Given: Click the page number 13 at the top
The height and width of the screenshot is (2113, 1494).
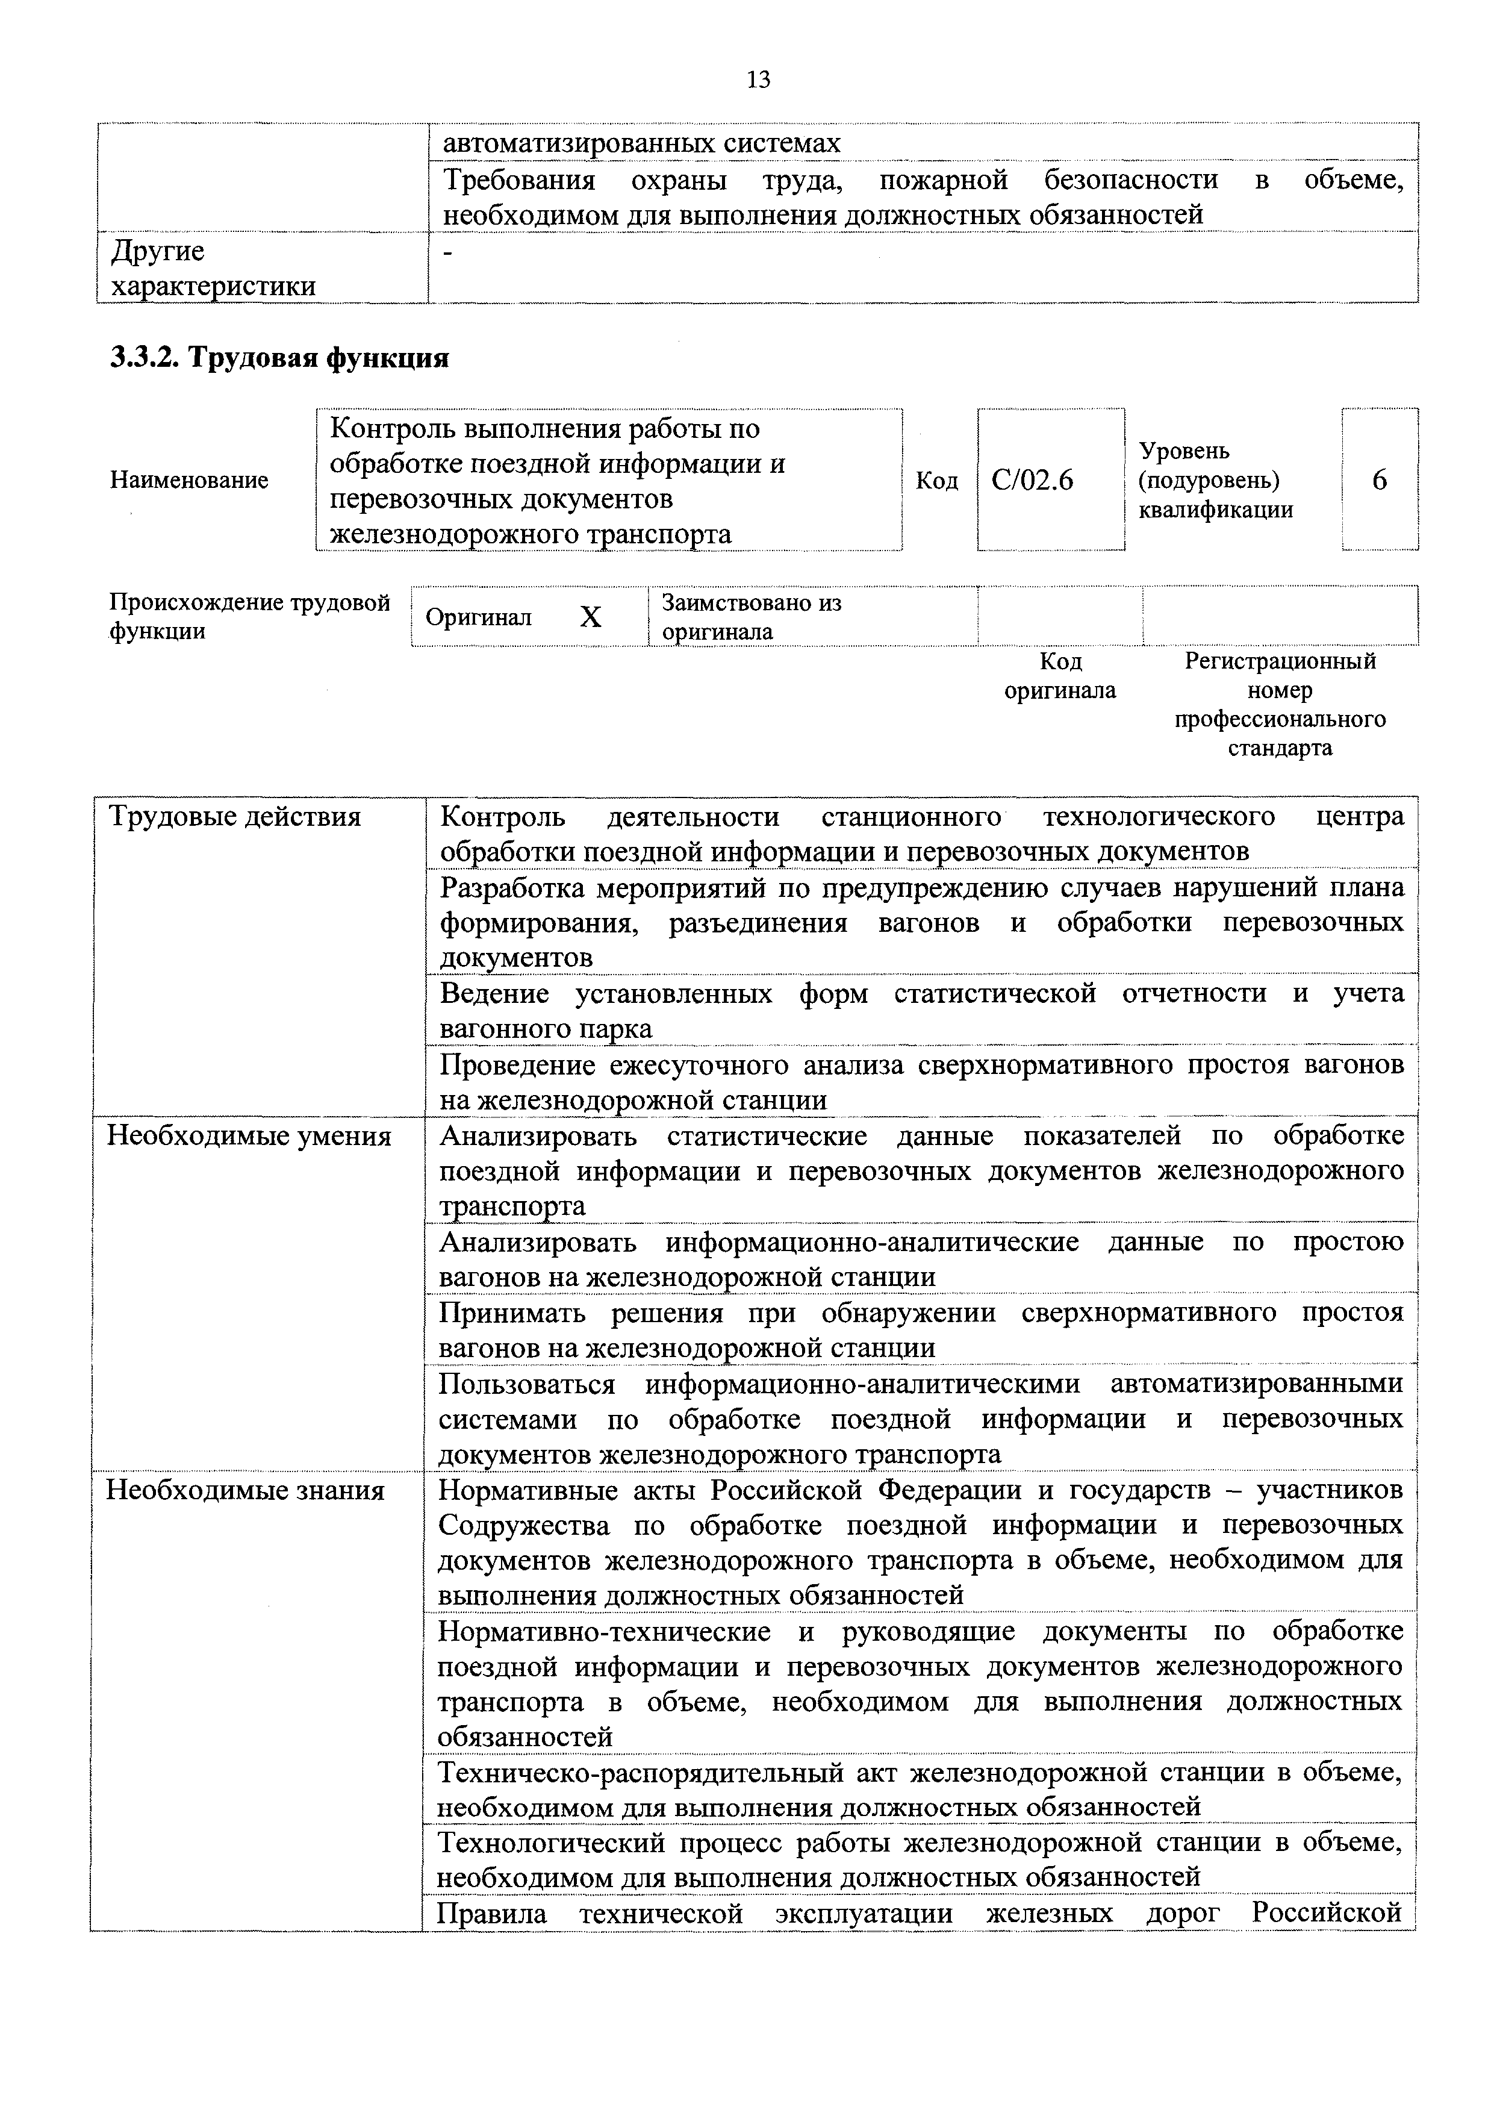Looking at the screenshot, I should [x=759, y=80].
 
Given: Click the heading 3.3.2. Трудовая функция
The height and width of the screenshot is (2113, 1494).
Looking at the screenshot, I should [x=279, y=357].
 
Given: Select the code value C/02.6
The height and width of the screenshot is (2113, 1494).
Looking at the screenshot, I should [x=1032, y=481].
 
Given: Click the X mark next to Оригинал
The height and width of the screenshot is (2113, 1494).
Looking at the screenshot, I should [x=591, y=617].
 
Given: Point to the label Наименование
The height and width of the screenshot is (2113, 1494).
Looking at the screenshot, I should [x=188, y=481].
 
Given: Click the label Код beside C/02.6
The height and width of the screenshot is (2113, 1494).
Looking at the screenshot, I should [x=936, y=481].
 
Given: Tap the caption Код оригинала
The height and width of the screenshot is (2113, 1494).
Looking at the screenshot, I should [x=1060, y=676].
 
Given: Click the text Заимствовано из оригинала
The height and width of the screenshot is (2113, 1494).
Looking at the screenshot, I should [x=752, y=617].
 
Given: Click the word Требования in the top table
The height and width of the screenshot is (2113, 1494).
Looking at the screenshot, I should [x=519, y=179].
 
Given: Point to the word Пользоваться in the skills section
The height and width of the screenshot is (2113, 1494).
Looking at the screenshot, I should [x=526, y=1384].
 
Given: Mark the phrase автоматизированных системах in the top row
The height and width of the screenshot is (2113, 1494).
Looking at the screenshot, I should [x=641, y=143].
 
